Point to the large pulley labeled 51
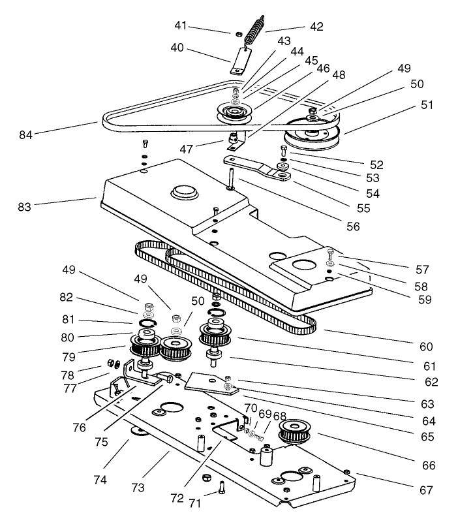coord(312,136)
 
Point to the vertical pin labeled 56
coord(232,179)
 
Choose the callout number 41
coord(198,25)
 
